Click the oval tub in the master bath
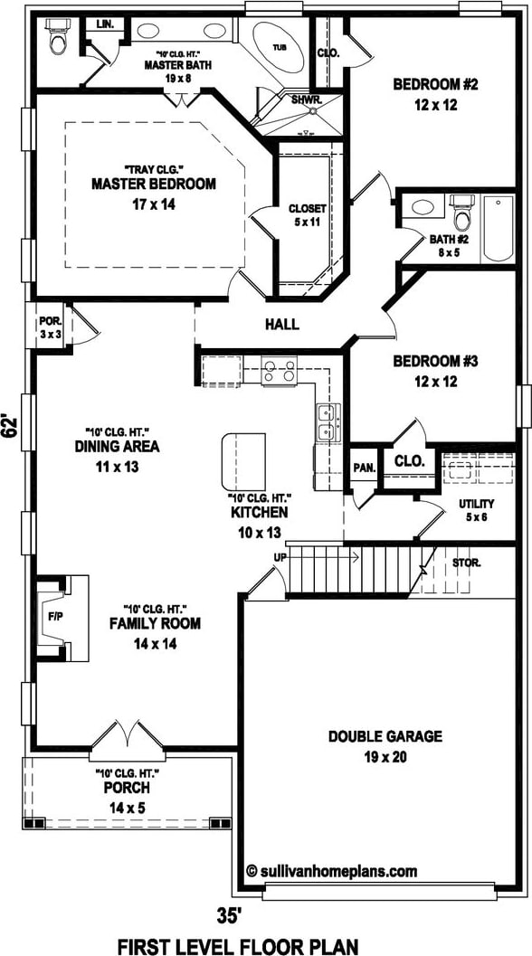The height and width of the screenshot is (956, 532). (x=278, y=48)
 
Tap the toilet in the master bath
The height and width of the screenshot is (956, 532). (x=59, y=35)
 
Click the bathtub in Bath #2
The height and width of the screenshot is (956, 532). (x=499, y=228)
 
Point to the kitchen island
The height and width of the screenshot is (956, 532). (x=243, y=461)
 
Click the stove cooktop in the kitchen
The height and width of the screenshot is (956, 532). (x=279, y=371)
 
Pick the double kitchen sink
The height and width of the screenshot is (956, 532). (x=326, y=421)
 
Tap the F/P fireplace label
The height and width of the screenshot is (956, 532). (x=55, y=617)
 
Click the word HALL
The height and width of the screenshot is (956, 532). (x=282, y=325)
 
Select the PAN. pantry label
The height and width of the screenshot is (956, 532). (x=364, y=469)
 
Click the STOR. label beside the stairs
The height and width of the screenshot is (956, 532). (x=466, y=563)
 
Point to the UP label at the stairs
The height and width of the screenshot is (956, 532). (x=281, y=556)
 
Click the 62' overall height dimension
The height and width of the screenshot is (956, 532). (x=9, y=426)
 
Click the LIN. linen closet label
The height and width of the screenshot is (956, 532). (x=104, y=25)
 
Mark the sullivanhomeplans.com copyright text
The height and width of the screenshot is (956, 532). (x=332, y=871)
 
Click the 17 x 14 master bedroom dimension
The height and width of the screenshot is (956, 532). (x=154, y=205)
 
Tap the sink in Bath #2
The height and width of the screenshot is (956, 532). (x=423, y=207)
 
